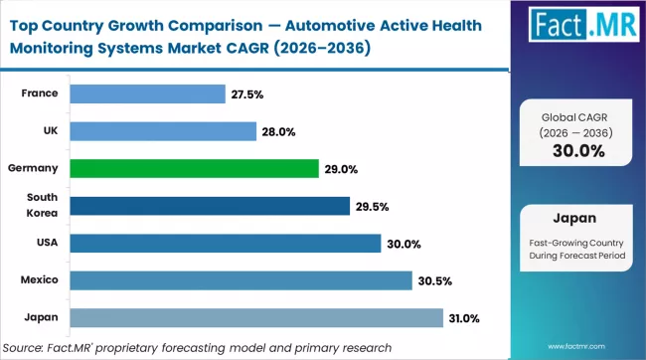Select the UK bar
[x=164, y=130]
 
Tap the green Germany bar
[x=195, y=168]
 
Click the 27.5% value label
[x=248, y=94]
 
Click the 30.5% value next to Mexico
[x=436, y=281]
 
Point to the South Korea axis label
[x=43, y=206]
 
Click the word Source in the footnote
[x=27, y=347]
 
